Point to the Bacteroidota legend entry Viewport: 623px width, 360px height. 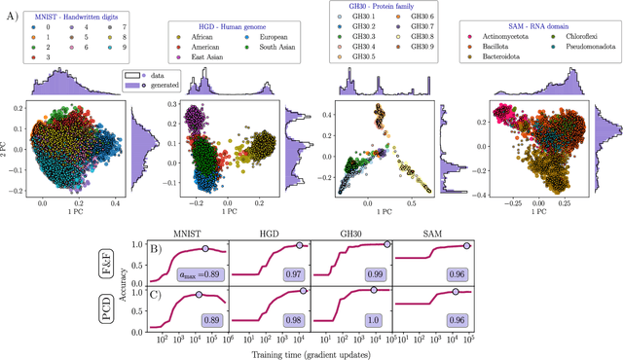pos(497,57)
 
